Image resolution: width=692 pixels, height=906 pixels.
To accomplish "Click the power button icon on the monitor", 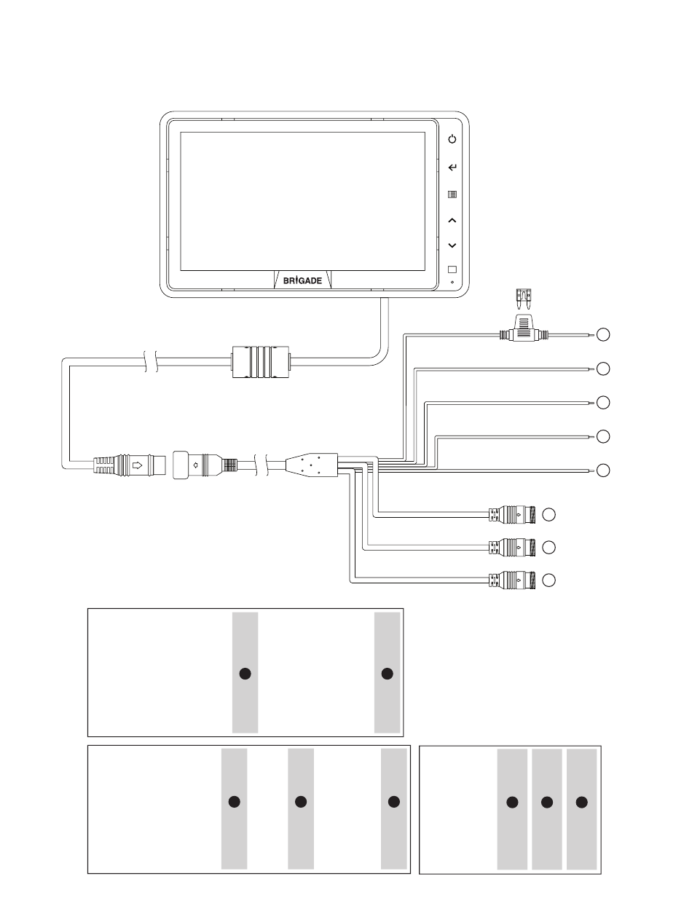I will pos(452,139).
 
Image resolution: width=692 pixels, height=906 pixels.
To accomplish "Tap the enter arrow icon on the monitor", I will pos(452,168).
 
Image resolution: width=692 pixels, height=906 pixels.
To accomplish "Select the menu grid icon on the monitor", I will pos(452,195).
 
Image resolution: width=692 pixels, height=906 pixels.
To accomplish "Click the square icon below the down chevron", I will pos(452,269).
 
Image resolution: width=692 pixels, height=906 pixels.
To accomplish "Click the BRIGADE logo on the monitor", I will pos(302,281).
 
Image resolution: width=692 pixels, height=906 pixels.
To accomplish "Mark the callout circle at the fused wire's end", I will pos(603,335).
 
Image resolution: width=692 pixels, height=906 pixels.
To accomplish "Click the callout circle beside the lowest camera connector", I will pos(549,580).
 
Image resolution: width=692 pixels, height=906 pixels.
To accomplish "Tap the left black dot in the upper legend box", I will pos(245,673).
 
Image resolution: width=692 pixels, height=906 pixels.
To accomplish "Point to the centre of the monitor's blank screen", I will pos(302,202).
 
